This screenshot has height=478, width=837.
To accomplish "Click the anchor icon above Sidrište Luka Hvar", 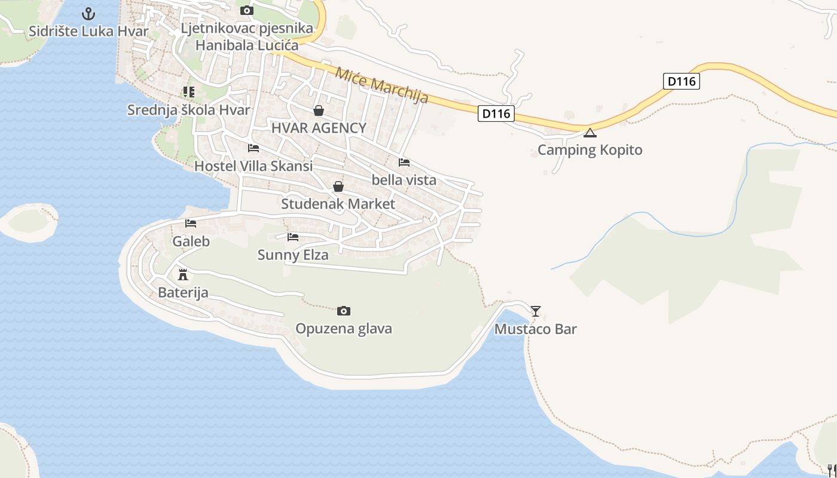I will tap(88, 13).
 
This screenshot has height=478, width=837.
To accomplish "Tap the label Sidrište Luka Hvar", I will tap(88, 31).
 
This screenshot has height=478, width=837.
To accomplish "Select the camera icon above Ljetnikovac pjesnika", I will tap(246, 11).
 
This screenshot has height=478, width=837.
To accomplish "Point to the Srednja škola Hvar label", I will tap(189, 110).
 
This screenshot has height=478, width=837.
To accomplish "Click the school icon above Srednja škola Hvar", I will tap(189, 92).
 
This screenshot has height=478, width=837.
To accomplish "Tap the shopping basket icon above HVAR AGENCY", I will tap(319, 111).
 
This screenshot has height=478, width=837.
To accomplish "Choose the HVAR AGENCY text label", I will tap(319, 128).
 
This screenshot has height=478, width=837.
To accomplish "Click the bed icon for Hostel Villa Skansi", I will tap(253, 148).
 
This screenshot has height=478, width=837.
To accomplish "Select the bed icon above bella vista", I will tap(404, 162).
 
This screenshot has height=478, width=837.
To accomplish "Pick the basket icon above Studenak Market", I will tap(338, 186).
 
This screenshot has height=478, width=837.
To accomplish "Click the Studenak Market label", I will tap(338, 204).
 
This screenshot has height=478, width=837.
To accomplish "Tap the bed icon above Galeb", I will tap(191, 223).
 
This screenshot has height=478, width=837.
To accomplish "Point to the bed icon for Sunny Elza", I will tap(293, 237).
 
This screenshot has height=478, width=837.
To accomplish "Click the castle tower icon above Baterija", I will tap(183, 275).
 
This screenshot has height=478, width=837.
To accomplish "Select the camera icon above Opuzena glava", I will tap(344, 311).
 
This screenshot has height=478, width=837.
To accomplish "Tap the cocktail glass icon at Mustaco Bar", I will tap(536, 311).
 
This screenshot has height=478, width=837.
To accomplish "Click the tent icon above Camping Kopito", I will tap(590, 133).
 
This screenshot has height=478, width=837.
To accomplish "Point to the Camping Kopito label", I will tap(590, 149).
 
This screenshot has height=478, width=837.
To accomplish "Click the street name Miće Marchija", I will tap(381, 85).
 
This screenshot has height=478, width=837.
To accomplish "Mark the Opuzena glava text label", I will tap(344, 329).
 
